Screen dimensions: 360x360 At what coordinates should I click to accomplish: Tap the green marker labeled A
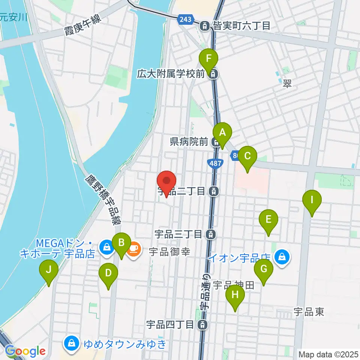pyautogui.click(x=223, y=133)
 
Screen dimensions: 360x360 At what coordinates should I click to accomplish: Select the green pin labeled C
pyautogui.click(x=247, y=156)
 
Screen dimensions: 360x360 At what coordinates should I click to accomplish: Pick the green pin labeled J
pyautogui.click(x=49, y=270)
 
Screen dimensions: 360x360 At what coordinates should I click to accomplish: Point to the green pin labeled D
pyautogui.click(x=108, y=273)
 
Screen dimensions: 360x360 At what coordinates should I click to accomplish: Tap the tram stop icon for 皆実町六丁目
pyautogui.click(x=205, y=26)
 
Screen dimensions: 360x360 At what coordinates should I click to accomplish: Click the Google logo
pyautogui.click(x=25, y=351)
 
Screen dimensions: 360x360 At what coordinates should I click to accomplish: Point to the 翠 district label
pyautogui.click(x=288, y=85)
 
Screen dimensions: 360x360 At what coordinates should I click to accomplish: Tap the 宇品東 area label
pyautogui.click(x=309, y=312)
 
